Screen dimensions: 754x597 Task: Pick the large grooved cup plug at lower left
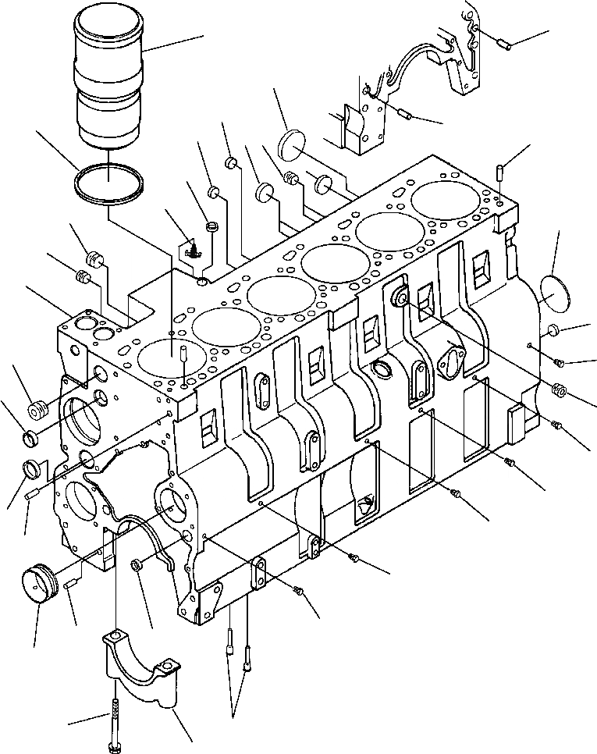coord(40,585)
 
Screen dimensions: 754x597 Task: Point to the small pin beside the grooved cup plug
coord(70,582)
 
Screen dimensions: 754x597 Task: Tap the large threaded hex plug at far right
coord(560,389)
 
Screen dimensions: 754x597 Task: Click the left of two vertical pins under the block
coord(231,646)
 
